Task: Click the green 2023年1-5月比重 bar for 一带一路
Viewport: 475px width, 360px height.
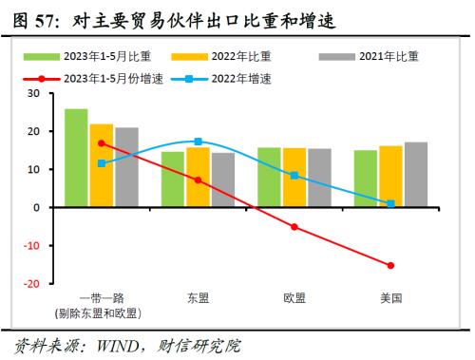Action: (x=76, y=158)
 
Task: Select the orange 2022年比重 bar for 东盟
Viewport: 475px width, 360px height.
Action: (x=198, y=177)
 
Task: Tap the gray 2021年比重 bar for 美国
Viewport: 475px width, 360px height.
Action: (x=415, y=175)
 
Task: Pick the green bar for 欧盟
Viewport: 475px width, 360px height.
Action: (x=269, y=178)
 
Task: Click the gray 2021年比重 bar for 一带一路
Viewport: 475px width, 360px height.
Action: (x=126, y=167)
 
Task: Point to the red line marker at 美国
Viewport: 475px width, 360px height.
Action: (x=390, y=265)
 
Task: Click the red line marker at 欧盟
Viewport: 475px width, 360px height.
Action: (x=294, y=226)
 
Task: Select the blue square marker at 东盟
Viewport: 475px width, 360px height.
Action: (x=198, y=142)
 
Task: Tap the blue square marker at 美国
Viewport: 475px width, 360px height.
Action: (x=390, y=203)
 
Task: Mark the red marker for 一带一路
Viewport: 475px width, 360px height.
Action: (x=102, y=143)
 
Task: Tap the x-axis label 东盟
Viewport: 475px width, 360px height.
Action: (x=198, y=298)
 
